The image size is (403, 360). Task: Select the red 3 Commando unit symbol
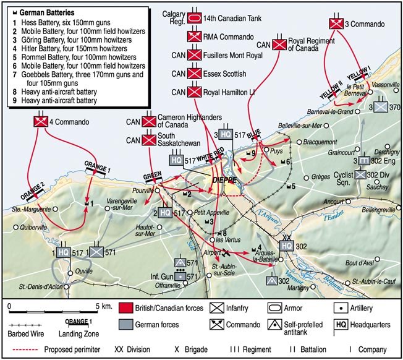[x=336, y=23]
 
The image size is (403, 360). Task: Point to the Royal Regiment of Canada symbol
[x=280, y=44]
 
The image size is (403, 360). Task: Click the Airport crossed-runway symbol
[x=227, y=252]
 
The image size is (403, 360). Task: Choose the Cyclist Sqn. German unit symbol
[x=360, y=175]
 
